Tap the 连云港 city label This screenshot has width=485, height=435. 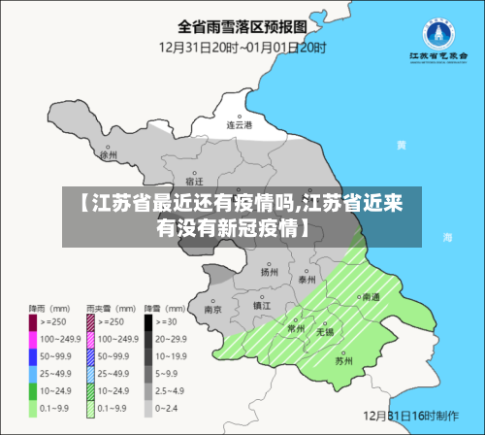pos(239,124)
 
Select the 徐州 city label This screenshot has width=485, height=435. pos(108,153)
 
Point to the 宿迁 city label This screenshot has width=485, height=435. pos(193,181)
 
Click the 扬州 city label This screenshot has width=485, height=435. pos(269,273)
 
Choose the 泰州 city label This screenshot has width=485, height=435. pos(307,279)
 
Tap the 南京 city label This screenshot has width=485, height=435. pos(212,310)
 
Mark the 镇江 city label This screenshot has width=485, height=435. pos(262,305)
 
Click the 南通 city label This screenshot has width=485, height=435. pos(371,298)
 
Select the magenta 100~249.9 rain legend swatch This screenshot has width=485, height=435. pos(34,337)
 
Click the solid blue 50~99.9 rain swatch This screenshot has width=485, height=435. pos(34,354)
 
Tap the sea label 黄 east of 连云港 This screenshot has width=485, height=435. pos(401,145)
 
